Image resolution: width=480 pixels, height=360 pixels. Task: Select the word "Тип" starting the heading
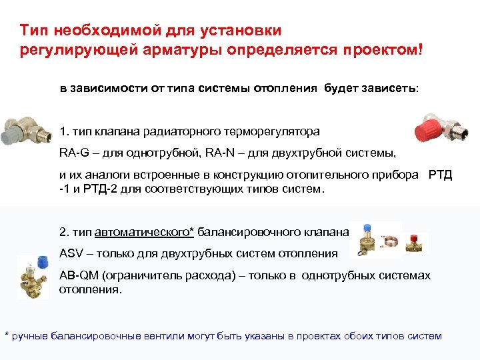34,30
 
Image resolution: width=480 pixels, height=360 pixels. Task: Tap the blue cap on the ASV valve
366,227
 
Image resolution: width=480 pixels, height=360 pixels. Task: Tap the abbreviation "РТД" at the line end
440,175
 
